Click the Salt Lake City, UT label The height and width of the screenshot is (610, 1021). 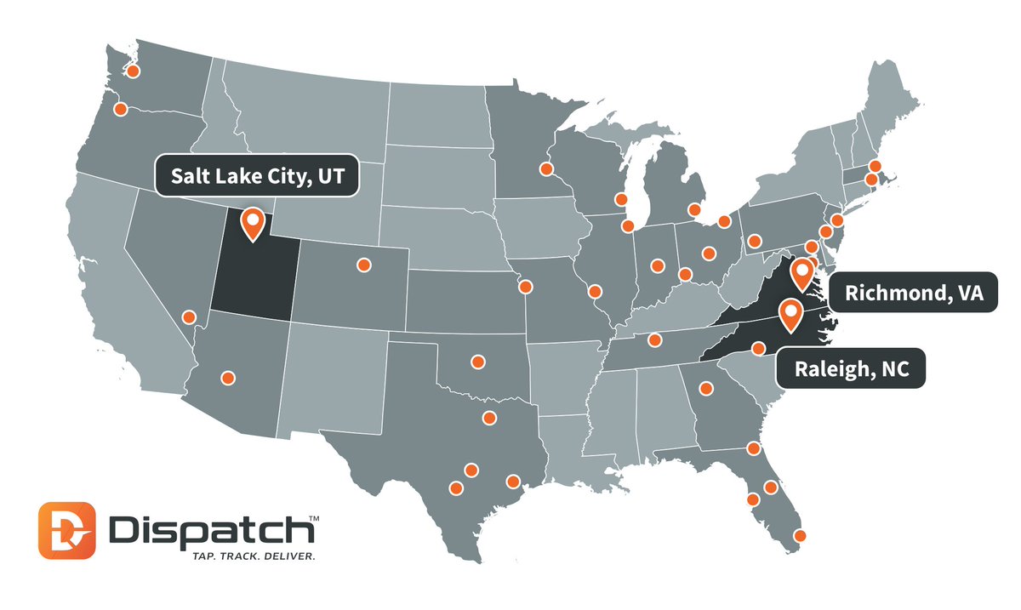tap(254, 176)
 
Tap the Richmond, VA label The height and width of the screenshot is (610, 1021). tap(914, 294)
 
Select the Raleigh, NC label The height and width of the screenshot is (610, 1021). tap(847, 370)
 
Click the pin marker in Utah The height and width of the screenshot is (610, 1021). tap(253, 221)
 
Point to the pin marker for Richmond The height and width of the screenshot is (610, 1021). tap(801, 273)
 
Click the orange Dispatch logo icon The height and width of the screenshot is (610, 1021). tap(67, 531)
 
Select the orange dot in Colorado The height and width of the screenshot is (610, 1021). tap(363, 265)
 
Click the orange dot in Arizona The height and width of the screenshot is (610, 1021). tap(227, 377)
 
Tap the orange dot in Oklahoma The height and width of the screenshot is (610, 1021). tap(477, 362)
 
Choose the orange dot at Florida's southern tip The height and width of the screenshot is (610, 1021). tap(799, 536)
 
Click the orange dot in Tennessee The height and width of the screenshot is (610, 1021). tap(654, 340)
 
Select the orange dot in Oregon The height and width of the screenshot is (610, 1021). tap(121, 109)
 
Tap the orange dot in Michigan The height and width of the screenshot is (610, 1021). tap(693, 209)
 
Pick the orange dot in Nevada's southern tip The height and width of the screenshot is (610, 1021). tap(189, 317)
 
